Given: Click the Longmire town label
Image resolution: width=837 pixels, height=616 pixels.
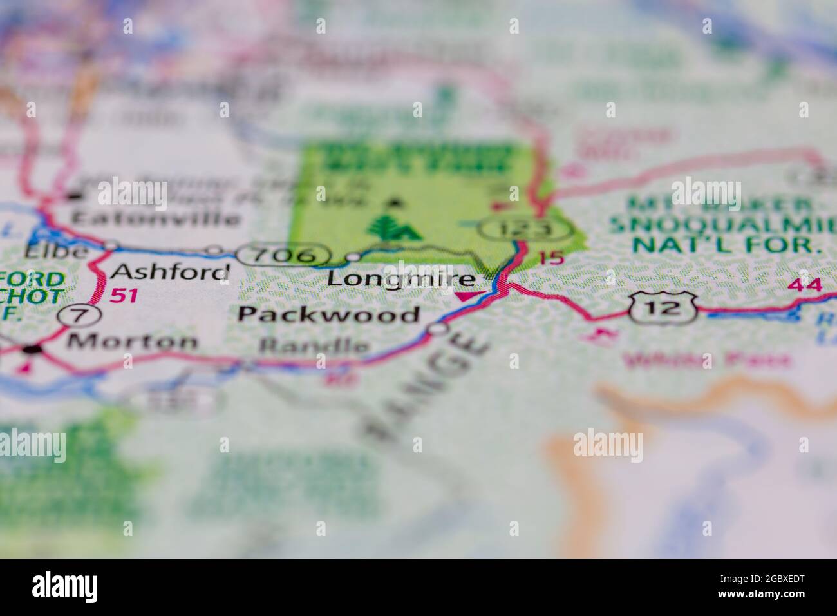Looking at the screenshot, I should pyautogui.click(x=402, y=279).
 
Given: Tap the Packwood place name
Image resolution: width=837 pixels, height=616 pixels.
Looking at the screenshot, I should pyautogui.click(x=328, y=314).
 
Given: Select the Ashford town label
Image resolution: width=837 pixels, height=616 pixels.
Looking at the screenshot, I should pyautogui.click(x=170, y=272).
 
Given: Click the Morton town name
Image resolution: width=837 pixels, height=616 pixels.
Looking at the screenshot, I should pyautogui.click(x=132, y=341).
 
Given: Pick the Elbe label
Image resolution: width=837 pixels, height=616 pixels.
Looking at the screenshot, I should pyautogui.click(x=57, y=251).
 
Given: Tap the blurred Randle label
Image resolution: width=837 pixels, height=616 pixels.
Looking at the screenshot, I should pyautogui.click(x=314, y=346).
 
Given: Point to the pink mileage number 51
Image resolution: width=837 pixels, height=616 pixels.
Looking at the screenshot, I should pyautogui.click(x=125, y=296).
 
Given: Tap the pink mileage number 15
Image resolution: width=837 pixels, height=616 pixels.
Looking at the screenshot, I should pyautogui.click(x=551, y=258).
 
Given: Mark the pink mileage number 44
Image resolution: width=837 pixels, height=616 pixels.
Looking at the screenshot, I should pyautogui.click(x=805, y=284).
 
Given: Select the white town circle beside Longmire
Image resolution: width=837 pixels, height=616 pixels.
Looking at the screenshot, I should pyautogui.click(x=353, y=258).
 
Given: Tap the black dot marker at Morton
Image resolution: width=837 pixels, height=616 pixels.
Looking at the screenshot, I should pyautogui.click(x=31, y=350).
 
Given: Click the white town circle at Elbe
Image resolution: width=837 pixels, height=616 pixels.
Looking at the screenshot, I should pyautogui.click(x=111, y=245).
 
